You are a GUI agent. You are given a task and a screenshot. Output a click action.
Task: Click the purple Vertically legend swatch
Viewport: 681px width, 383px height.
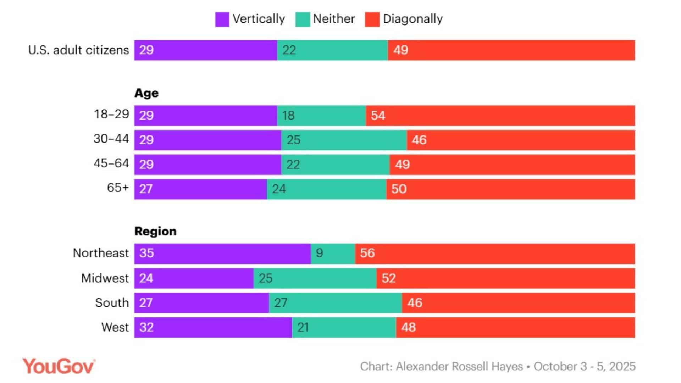tap(222, 19)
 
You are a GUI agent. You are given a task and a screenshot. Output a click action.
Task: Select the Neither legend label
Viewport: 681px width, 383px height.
tap(334, 19)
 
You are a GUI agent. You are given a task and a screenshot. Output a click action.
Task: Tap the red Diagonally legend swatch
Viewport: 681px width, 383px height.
tap(372, 19)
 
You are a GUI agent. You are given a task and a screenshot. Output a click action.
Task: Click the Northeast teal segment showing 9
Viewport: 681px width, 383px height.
tap(333, 254)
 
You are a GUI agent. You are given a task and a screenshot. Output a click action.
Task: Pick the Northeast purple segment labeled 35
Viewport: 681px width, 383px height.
tap(222, 254)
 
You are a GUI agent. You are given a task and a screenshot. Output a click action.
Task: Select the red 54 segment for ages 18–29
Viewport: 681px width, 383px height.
tap(500, 116)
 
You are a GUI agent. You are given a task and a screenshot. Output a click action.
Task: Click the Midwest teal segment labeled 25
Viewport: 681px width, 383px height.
tap(315, 278)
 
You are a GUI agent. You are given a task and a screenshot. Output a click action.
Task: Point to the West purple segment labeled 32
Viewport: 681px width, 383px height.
tap(213, 327)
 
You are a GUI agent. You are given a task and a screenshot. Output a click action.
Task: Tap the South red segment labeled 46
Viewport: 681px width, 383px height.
tap(518, 303)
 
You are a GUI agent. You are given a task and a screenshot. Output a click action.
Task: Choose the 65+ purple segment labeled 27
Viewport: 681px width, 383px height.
tap(200, 189)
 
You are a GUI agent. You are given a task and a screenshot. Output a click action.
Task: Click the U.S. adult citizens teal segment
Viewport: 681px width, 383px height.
tap(332, 50)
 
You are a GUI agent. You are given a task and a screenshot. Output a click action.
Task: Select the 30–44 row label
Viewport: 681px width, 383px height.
tap(111, 139)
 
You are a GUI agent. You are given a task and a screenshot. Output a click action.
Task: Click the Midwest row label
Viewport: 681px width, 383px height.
tap(105, 278)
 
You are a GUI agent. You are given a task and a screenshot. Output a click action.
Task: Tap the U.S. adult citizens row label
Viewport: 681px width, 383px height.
tap(78, 50)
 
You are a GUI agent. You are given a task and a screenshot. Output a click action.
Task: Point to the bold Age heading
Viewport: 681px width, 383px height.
tap(146, 93)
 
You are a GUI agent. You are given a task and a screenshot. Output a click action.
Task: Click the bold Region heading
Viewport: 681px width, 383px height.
tap(155, 231)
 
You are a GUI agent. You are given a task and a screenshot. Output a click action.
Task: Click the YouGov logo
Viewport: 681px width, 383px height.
tap(59, 366)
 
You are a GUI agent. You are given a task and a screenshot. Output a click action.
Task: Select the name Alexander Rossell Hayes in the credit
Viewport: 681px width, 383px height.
tap(459, 366)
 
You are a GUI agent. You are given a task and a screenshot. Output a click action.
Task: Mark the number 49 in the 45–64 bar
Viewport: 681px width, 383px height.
tap(402, 165)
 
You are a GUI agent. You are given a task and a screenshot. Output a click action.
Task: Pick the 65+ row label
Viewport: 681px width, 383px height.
tap(118, 188)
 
